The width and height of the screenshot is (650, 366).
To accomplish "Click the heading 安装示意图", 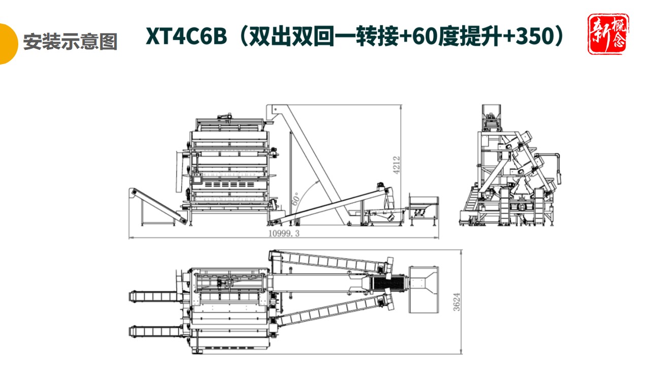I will point(70,42).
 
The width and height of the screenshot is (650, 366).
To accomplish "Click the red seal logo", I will point(608,34).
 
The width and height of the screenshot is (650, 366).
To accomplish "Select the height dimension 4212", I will point(397,165).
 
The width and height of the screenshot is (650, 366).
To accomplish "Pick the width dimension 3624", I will point(458,301).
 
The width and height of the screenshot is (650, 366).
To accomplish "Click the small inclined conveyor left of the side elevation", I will point(157,205).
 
